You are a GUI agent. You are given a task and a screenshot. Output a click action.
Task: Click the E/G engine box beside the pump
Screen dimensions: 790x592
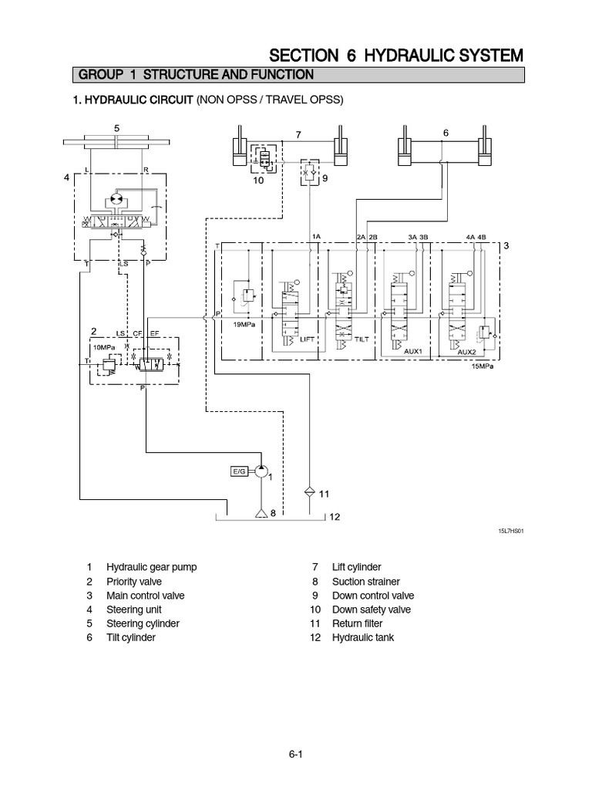240,471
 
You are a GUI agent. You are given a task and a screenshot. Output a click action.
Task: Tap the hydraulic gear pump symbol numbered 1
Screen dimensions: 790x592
262,471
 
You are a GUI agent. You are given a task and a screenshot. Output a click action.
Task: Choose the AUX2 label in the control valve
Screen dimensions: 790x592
467,351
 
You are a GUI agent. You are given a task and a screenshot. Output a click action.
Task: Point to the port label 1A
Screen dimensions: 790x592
316,236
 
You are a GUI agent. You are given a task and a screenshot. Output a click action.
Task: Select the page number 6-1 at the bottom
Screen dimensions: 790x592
296,755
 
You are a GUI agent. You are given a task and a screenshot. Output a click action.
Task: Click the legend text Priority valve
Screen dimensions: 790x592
134,582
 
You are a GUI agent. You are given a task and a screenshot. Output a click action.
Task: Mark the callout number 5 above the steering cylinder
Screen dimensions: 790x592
116,127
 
